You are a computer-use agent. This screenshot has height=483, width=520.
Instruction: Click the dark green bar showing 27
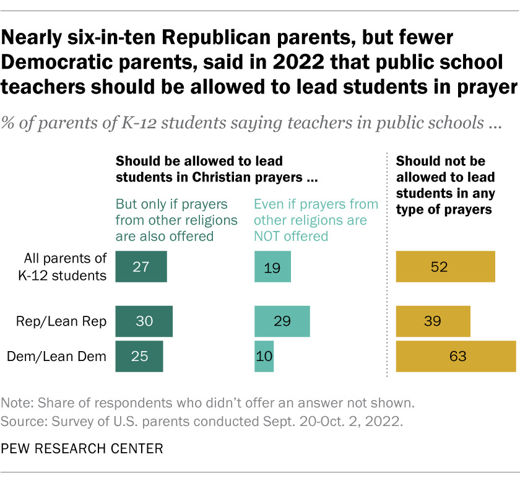point(142,267)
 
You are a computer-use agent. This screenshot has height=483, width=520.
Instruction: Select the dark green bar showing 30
point(144,321)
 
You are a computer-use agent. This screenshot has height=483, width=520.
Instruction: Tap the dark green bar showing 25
point(139,356)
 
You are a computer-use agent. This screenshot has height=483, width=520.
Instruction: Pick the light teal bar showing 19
point(272,267)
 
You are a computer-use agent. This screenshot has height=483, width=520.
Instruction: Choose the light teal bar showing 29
point(282,321)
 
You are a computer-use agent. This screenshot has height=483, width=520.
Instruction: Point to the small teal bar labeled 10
point(264,356)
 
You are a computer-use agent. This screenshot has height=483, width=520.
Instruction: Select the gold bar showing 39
point(433,321)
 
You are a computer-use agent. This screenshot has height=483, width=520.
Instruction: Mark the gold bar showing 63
point(456,356)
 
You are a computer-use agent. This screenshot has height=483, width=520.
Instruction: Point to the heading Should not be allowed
point(443,185)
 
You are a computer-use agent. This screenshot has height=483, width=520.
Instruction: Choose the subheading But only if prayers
point(172,204)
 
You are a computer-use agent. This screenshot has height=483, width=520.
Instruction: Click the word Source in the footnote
point(22,423)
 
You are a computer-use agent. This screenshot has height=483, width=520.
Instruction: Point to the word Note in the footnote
point(16,403)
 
